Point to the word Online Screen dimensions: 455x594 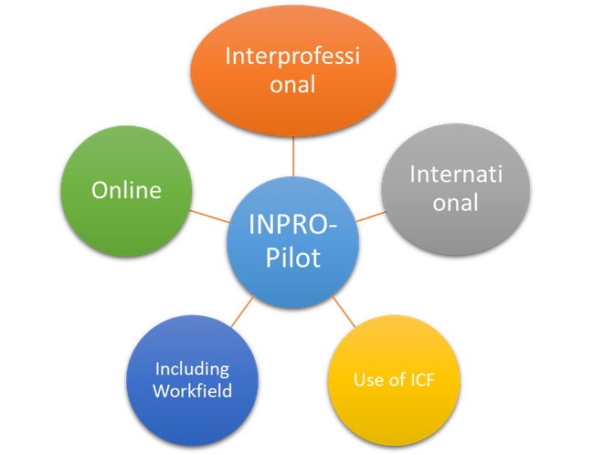point(126,190)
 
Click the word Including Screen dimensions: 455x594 point(192,368)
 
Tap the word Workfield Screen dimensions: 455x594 point(193,391)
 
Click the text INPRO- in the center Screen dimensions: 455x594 point(293,223)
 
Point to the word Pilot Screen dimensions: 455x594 point(293,258)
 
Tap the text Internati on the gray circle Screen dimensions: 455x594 point(455,174)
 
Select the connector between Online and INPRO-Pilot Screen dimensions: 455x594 point(209,216)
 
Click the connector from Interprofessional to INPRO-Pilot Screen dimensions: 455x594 point(293,155)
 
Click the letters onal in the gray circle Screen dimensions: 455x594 point(455,202)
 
